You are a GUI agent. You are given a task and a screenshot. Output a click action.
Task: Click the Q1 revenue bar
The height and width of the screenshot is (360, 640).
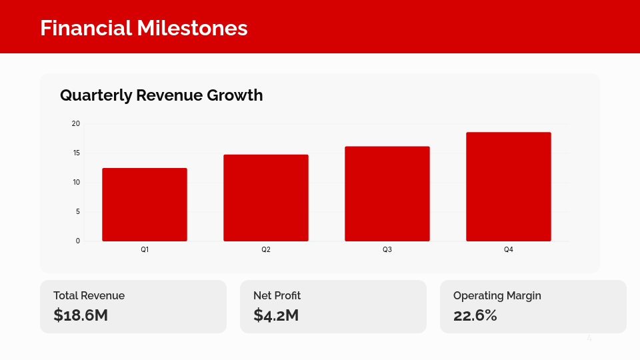pyautogui.click(x=145, y=205)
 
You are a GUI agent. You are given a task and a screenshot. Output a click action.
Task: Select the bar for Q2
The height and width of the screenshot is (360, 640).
pyautogui.click(x=266, y=198)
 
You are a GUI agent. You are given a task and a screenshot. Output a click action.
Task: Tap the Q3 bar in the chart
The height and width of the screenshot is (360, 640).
pyautogui.click(x=387, y=194)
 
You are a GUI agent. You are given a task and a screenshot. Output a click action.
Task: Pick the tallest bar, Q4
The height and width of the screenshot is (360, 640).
pyautogui.click(x=509, y=187)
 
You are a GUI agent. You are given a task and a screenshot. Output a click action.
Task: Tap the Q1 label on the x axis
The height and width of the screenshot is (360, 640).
pyautogui.click(x=145, y=250)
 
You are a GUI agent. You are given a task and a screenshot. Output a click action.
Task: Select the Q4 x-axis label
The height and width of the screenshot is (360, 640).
pyautogui.click(x=509, y=250)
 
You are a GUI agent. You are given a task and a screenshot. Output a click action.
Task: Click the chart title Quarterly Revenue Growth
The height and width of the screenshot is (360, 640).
pyautogui.click(x=161, y=95)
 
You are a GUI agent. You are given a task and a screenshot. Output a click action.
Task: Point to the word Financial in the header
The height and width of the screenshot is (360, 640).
pyautogui.click(x=86, y=28)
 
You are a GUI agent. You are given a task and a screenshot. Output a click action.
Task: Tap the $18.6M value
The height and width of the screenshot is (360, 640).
pyautogui.click(x=81, y=315)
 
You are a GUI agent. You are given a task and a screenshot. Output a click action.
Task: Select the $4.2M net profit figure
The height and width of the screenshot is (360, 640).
pyautogui.click(x=276, y=315)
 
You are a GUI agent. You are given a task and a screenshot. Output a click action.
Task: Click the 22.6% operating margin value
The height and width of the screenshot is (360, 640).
pyautogui.click(x=475, y=315)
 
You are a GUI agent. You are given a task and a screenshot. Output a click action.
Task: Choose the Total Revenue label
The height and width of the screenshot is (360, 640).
pyautogui.click(x=89, y=295)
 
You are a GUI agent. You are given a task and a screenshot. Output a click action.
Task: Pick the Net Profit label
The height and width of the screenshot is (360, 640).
pyautogui.click(x=277, y=295)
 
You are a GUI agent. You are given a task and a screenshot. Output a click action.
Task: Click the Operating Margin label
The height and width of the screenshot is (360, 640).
pyautogui.click(x=497, y=295)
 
